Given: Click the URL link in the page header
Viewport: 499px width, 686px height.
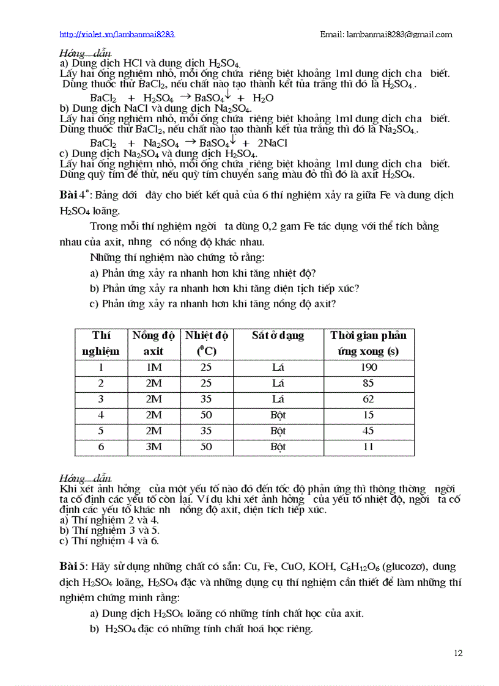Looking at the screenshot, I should click(x=117, y=34).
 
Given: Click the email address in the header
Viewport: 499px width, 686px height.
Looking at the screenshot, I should click(x=386, y=34).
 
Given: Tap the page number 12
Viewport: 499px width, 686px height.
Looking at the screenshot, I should click(x=458, y=653).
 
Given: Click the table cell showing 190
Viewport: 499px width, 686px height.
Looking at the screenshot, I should click(x=369, y=368).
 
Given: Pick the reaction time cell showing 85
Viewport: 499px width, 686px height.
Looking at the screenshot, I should click(x=369, y=384).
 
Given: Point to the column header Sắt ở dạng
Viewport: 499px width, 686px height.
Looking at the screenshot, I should click(x=278, y=335).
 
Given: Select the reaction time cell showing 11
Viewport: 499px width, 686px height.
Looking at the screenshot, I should click(x=369, y=447).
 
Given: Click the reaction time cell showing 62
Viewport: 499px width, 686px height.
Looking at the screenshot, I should click(x=369, y=400).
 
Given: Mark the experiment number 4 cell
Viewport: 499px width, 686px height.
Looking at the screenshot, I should click(x=101, y=415).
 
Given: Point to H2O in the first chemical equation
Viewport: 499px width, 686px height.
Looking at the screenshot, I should click(x=263, y=98).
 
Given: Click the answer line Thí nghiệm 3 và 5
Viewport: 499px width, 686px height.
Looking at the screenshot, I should click(x=108, y=530).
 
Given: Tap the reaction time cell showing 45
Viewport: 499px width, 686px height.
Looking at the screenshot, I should click(x=369, y=431).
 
